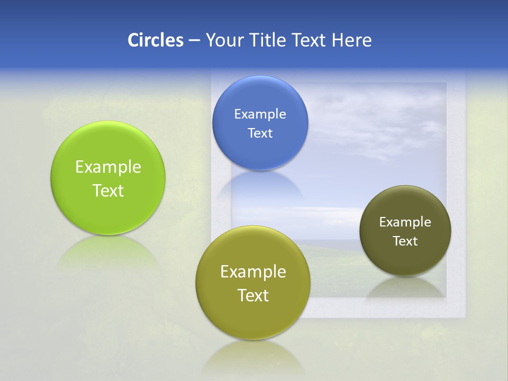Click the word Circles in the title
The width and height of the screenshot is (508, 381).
(x=155, y=40)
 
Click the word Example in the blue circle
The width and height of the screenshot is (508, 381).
(x=260, y=114)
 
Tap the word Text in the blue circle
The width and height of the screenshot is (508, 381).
(x=260, y=133)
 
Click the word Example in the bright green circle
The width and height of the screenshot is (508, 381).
(x=108, y=167)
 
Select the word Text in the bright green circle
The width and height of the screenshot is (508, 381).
(x=108, y=190)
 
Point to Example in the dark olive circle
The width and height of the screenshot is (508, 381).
(x=405, y=222)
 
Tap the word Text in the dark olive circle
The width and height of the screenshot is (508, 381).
(x=405, y=241)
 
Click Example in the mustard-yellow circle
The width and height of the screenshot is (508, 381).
(x=252, y=272)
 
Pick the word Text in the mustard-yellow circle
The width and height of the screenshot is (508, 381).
(x=252, y=295)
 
